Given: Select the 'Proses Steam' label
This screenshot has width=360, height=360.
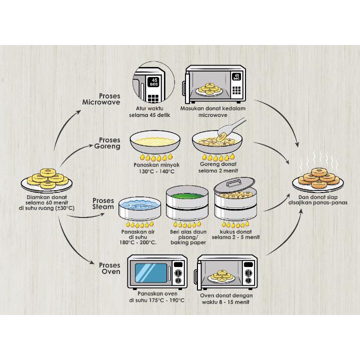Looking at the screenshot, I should tap(103, 203).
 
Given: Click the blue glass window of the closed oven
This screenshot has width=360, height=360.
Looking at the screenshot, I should tap(151, 273).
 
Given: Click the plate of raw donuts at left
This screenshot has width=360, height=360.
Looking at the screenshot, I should tap(47, 178).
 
